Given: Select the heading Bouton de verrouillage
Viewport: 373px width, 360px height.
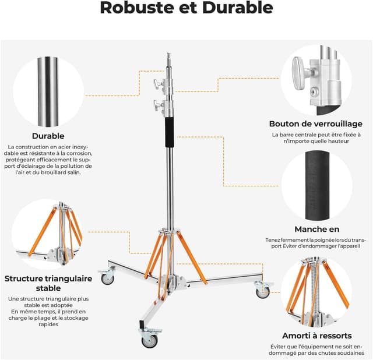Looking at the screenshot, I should tap(315, 123).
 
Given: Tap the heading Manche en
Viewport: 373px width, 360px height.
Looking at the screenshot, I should tap(316, 230).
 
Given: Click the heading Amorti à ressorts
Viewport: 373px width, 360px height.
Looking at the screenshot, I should tap(316, 336).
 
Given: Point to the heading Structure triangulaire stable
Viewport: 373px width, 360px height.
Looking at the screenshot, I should tap(48, 283).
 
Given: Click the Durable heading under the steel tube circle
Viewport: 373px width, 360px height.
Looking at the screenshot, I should tap(48, 136).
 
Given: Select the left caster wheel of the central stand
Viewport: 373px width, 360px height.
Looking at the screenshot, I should tap(108, 278).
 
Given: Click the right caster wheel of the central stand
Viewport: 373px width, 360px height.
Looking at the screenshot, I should tap(263, 291).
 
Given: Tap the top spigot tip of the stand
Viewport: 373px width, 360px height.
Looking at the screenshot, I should tap(168, 57).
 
